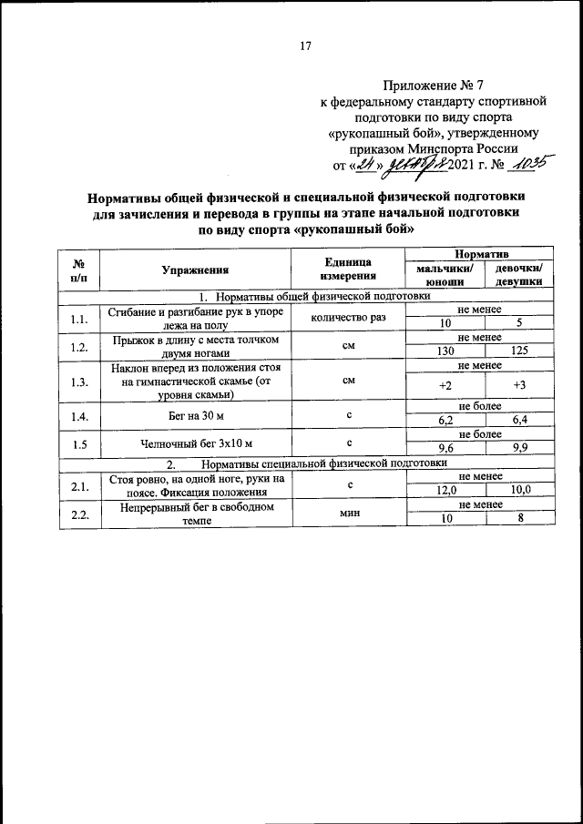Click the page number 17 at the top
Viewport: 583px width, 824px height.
click(306, 47)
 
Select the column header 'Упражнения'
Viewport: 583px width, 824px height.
click(195, 270)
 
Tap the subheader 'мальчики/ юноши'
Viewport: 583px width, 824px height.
click(445, 276)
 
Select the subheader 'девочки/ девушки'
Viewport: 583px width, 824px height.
click(519, 276)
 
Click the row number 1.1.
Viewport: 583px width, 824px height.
click(79, 317)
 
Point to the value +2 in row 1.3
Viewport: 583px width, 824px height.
click(445, 386)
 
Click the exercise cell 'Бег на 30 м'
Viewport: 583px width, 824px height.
click(195, 415)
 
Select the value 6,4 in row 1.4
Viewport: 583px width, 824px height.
click(519, 422)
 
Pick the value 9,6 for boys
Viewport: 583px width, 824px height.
click(445, 450)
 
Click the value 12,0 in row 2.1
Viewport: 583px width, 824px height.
click(445, 491)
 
